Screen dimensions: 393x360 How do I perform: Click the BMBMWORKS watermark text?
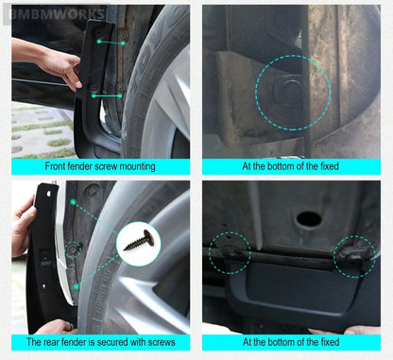pyautogui.click(x=57, y=14)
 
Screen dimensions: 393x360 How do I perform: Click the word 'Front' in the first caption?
pyautogui.click(x=55, y=166)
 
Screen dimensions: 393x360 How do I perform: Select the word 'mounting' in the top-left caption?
pyautogui.click(x=139, y=166)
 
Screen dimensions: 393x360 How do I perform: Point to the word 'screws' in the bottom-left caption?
pyautogui.click(x=162, y=342)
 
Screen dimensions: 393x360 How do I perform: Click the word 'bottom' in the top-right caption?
pyautogui.click(x=280, y=166)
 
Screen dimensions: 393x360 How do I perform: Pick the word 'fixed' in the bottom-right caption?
pyautogui.click(x=330, y=342)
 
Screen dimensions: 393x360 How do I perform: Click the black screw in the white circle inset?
pyautogui.click(x=140, y=241)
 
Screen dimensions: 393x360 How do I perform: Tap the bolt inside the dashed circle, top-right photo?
pyautogui.click(x=288, y=92)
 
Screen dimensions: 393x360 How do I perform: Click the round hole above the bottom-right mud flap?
pyautogui.click(x=309, y=219)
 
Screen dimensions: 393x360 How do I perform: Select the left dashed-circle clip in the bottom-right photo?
pyautogui.click(x=230, y=253)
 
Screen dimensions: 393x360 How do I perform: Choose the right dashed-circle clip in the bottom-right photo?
pyautogui.click(x=354, y=257)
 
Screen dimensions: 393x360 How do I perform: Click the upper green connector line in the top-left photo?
pyautogui.click(x=111, y=43)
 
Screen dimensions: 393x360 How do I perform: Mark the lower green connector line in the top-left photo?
pyautogui.click(x=107, y=95)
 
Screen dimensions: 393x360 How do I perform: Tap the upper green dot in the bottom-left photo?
pyautogui.click(x=73, y=202)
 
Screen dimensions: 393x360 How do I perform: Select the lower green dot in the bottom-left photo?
pyautogui.click(x=77, y=286)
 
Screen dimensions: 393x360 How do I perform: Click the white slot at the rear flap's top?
pyautogui.click(x=49, y=194)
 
